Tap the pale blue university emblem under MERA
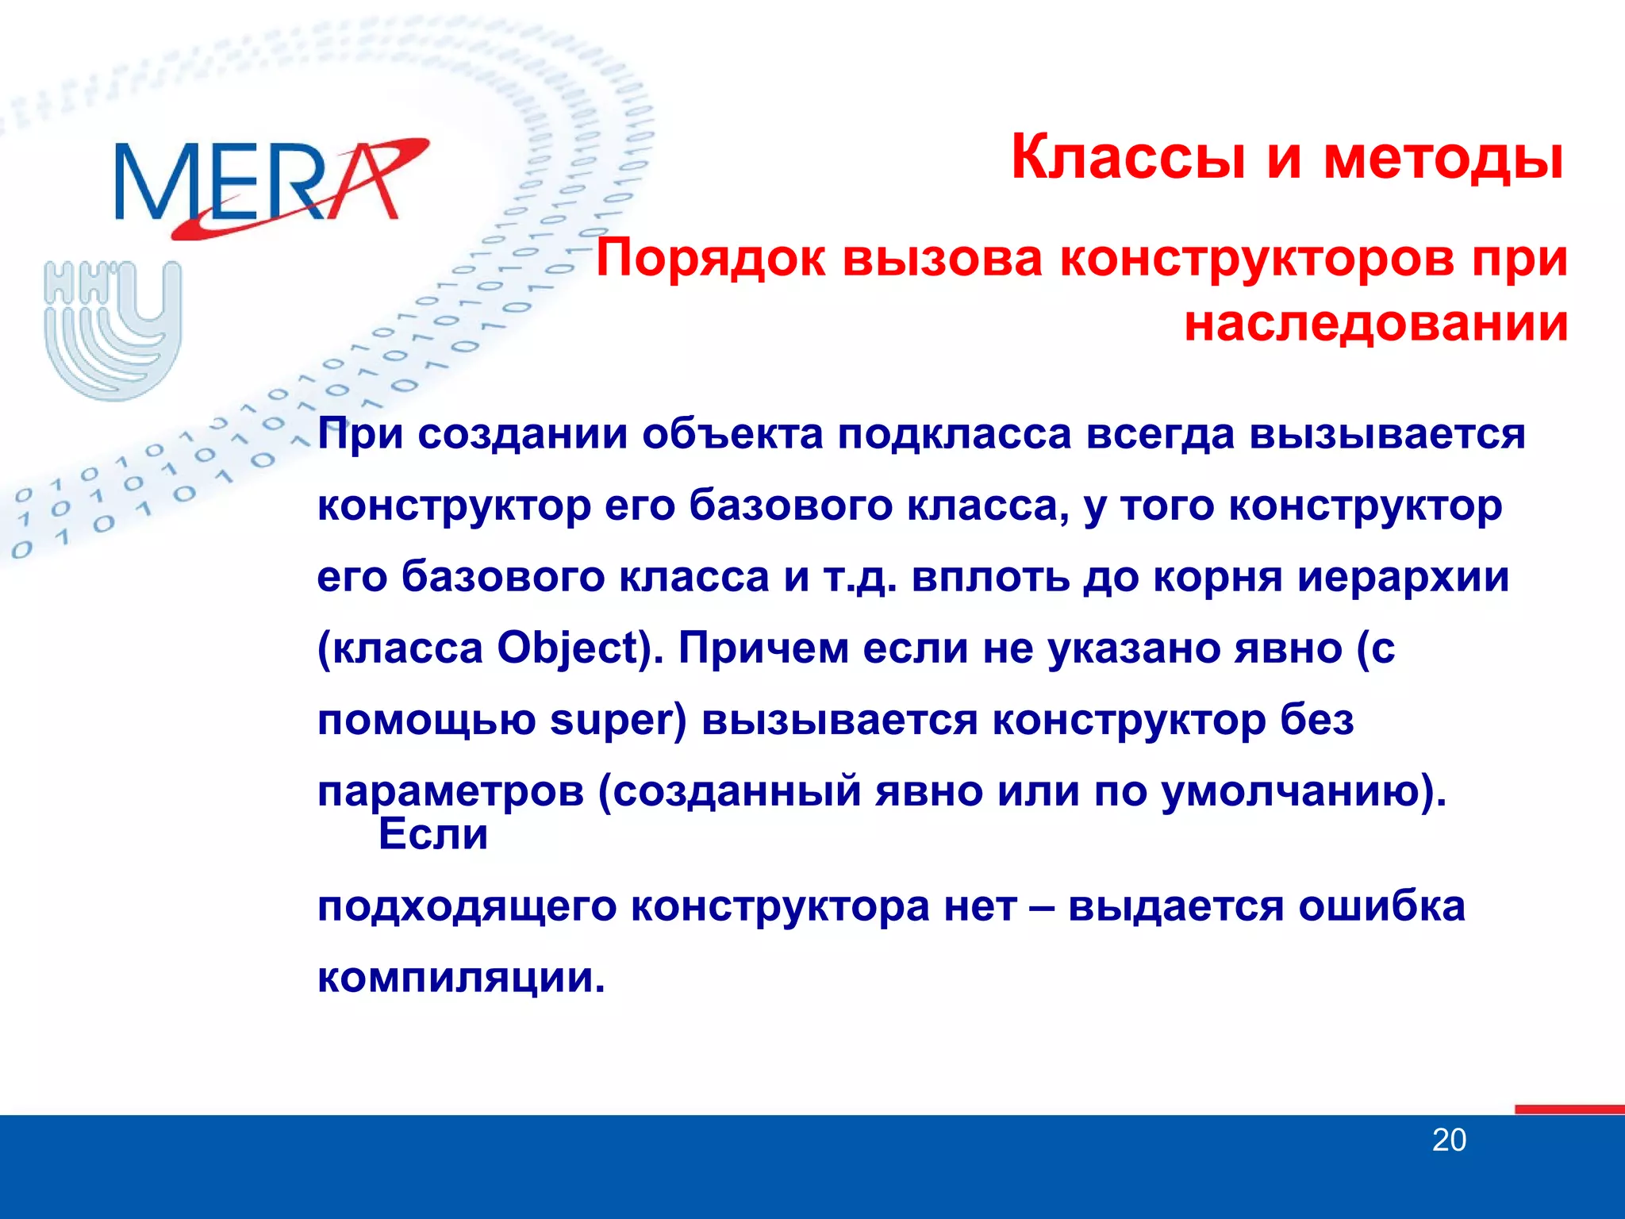113,329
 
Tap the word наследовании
1376,324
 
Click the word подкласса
955,434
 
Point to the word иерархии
1404,577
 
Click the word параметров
451,792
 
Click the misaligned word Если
433,834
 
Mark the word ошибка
1381,906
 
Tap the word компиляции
460,978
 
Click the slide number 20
1449,1140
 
